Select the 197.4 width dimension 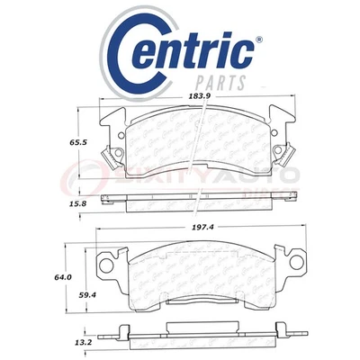click(x=202, y=229)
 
